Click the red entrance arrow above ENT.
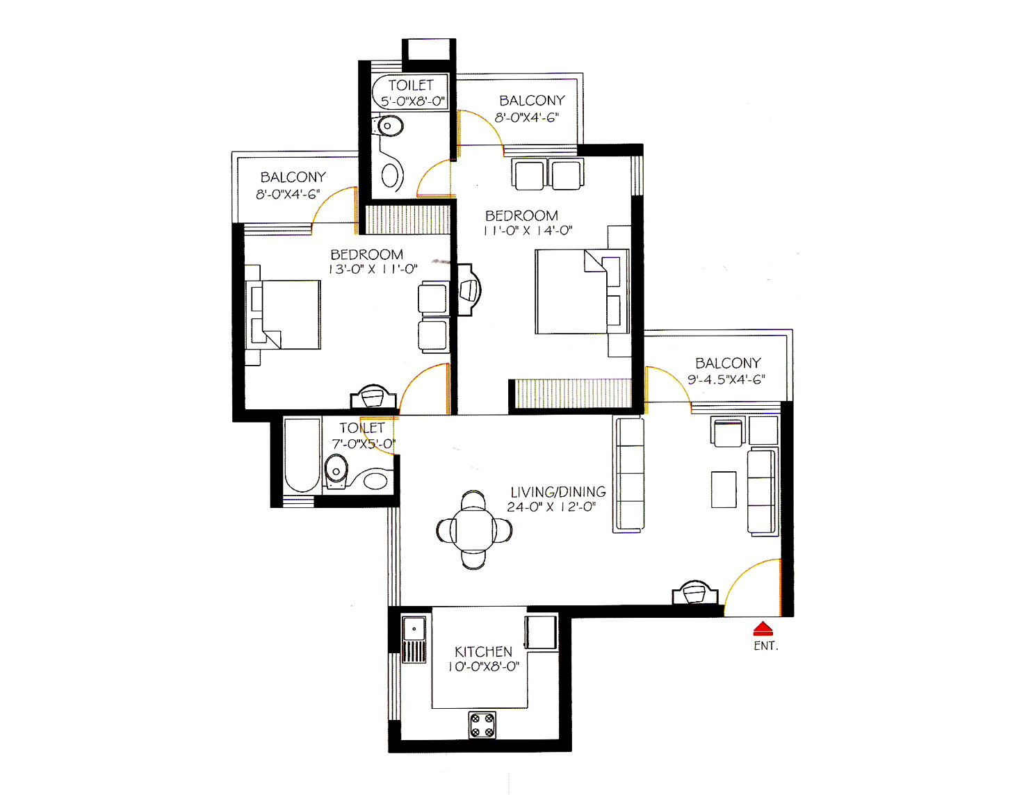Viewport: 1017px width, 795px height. point(763,628)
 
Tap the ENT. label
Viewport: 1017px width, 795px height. point(765,646)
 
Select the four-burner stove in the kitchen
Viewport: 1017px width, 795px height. point(482,725)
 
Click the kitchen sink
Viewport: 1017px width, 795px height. point(414,639)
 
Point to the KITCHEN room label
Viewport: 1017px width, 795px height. point(483,651)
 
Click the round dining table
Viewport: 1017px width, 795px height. point(473,530)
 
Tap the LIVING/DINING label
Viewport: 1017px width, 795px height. point(558,492)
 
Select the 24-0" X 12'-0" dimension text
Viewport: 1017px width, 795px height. point(551,507)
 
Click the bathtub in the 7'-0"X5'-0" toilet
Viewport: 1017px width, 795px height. point(302,456)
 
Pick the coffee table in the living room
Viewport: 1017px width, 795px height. point(724,490)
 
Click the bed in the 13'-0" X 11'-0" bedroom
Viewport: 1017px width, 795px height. point(283,314)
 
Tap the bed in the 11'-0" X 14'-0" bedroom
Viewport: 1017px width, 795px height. point(582,291)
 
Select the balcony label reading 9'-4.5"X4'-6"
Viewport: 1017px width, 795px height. point(726,379)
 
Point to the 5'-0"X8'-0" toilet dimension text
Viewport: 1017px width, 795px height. point(412,101)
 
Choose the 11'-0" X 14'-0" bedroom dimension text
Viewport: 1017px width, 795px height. point(528,231)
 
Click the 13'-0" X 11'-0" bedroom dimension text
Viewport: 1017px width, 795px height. point(373,270)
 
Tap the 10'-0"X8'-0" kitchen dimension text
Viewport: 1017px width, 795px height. point(484,666)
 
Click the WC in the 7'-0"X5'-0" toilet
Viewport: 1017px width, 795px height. point(336,470)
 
